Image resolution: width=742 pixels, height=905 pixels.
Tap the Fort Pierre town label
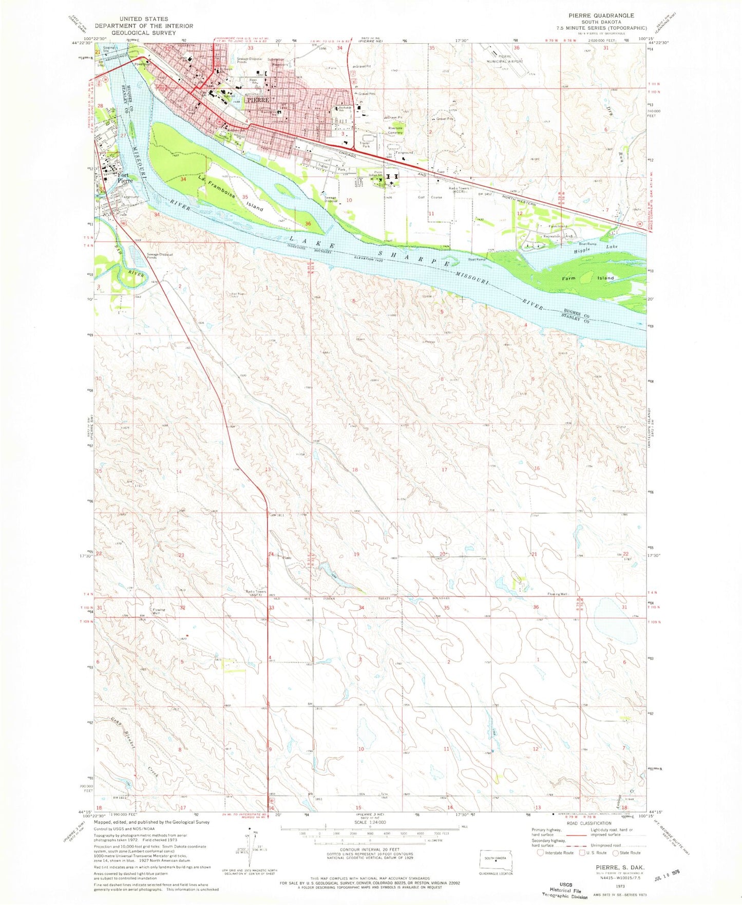click(125, 178)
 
